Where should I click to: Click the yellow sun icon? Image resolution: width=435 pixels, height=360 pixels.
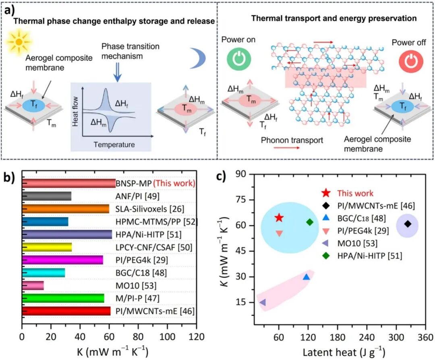coord(19,42)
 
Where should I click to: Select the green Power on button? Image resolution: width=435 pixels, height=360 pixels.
coord(239,59)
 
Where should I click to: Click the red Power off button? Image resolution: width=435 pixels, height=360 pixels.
coord(411,61)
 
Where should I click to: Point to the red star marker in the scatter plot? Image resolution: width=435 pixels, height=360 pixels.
coord(279,218)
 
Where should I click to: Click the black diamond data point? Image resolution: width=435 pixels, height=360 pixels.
coord(408,224)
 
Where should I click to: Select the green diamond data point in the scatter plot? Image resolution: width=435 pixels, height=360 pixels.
coord(310,222)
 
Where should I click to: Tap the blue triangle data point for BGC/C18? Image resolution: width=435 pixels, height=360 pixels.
coord(306,277)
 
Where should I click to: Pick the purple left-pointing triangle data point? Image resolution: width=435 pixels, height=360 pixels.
coord(263,302)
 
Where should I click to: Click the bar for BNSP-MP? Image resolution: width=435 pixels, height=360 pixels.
coord(68,183)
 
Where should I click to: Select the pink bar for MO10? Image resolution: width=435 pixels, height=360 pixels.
coord(33,285)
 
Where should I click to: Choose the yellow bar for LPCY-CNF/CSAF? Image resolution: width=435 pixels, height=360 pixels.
coord(47,247)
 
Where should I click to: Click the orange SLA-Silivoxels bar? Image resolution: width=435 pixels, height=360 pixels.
coord(66,209)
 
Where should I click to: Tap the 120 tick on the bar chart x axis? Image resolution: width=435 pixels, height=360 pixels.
coord(197,337)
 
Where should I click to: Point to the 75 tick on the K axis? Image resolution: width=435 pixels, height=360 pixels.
coord(240,200)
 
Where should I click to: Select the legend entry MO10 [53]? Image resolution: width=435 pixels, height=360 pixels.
coord(357,243)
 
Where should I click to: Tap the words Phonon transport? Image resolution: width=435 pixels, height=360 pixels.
coord(292,140)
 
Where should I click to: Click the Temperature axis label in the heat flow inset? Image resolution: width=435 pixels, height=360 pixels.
coord(114,145)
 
